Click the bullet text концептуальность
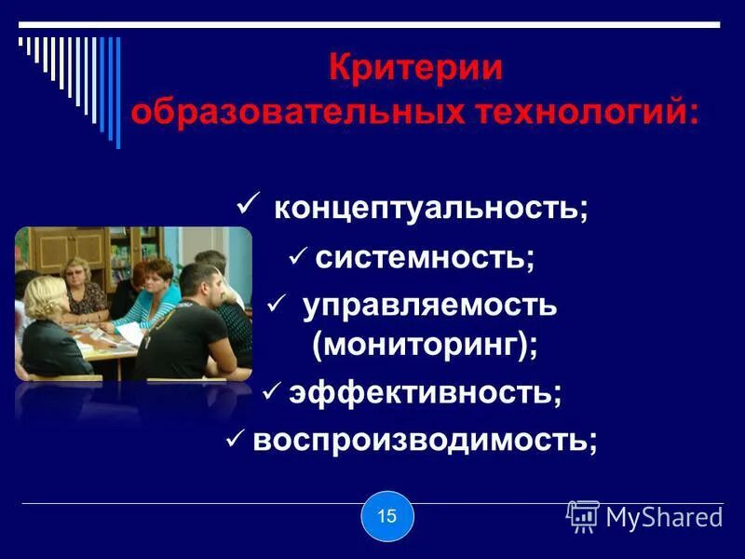[x=430, y=207]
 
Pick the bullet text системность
[x=425, y=256]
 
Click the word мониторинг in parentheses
[x=425, y=346]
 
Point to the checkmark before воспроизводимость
[x=237, y=439]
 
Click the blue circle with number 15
[x=386, y=515]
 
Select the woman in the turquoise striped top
[x=149, y=298]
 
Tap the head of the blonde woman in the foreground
[x=44, y=296]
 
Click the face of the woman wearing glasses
[x=76, y=273]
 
